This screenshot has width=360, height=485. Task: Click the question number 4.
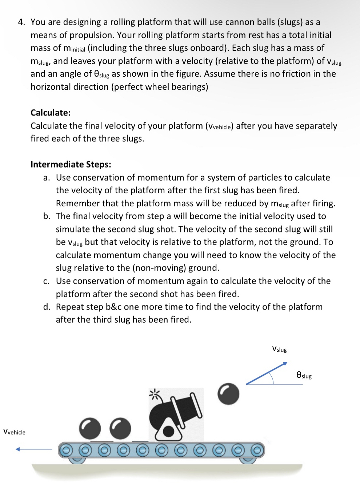pos(21,22)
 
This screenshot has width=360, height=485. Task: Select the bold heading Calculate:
pos(51,113)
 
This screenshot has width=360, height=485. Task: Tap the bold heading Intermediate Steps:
pos(71,165)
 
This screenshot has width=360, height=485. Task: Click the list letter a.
pos(46,178)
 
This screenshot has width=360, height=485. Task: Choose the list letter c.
pos(46,281)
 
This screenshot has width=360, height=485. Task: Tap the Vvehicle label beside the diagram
pos(15,432)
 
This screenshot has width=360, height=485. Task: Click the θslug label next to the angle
pos(304,375)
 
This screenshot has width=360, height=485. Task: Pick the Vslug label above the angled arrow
pos(279,349)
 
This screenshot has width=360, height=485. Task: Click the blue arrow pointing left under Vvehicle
pos(33,449)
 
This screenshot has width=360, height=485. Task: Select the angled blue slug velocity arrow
pos(267,373)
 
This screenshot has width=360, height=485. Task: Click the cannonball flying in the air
pos(228,394)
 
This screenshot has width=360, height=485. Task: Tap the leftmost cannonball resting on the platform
pos(90,428)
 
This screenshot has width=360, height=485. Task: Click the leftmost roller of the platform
pos(66,450)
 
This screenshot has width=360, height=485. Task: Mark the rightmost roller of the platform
pos(257,450)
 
